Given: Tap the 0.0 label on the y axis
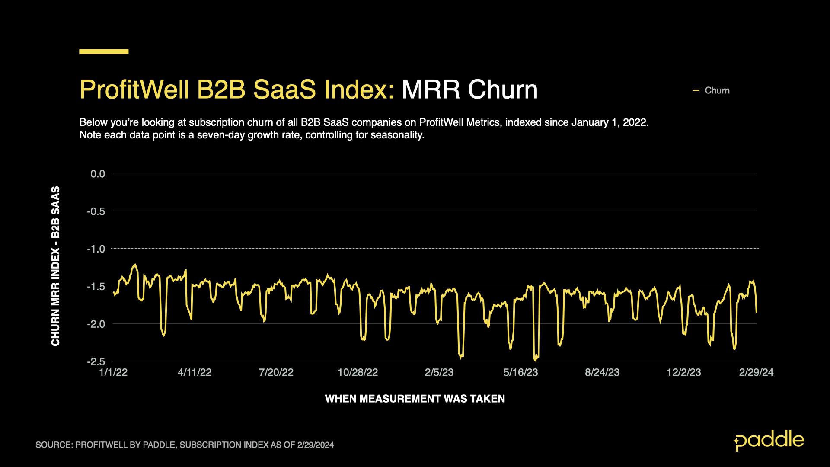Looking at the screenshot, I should tap(98, 174).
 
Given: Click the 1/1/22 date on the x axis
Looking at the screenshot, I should tap(113, 373).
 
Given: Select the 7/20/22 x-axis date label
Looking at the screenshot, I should tap(276, 373).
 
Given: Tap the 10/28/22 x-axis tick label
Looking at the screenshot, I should tap(358, 373).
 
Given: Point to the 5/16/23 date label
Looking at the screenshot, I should tap(520, 373).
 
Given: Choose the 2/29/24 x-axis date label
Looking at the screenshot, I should tap(756, 373).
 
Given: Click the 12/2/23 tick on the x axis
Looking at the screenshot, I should tap(684, 373).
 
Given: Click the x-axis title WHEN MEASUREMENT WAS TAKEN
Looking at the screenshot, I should tap(415, 399).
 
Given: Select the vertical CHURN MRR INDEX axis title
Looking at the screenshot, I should tap(56, 266).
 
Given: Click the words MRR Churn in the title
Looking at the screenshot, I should tap(469, 90).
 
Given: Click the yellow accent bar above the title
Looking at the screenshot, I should tap(104, 51).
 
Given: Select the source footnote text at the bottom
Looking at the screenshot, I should tap(185, 445).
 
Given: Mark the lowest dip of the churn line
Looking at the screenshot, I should tap(535, 360).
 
